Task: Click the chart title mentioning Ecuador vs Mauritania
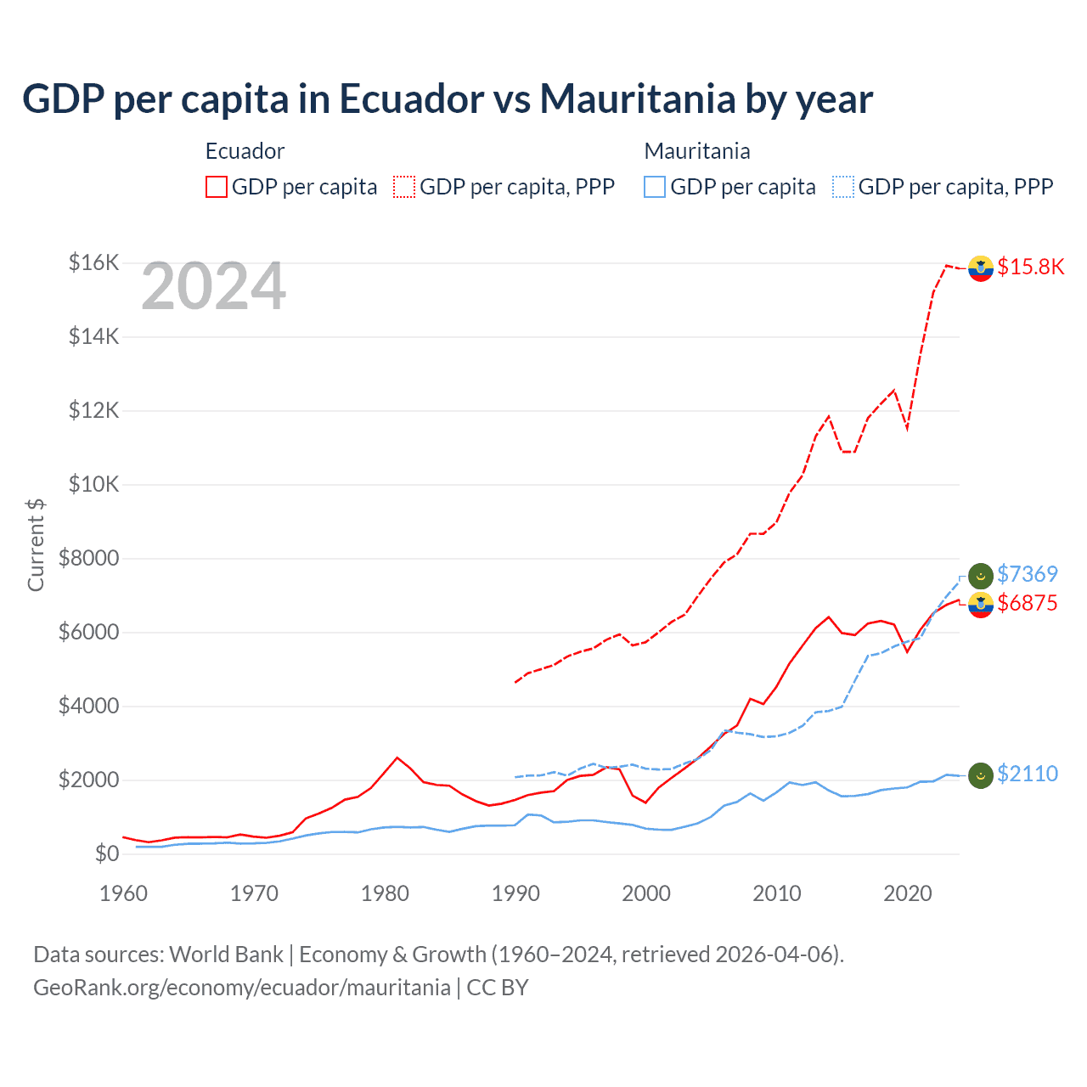point(447,99)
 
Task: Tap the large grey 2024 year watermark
point(213,287)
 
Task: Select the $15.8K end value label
point(1030,267)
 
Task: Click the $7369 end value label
point(1027,575)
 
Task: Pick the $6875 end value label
point(1027,604)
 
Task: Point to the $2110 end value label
point(1027,774)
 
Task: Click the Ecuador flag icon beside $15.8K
point(981,268)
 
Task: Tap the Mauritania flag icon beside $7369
point(981,575)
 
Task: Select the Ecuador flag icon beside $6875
point(981,605)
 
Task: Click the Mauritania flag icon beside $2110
point(981,774)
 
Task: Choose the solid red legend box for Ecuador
point(217,187)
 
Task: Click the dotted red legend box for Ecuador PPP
point(404,187)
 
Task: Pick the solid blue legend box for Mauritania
point(655,187)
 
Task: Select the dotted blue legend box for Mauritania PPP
point(842,187)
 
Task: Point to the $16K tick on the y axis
point(93,262)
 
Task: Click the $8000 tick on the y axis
point(88,558)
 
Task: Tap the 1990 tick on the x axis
point(515,893)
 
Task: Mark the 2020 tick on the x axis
point(907,893)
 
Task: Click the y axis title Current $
point(36,545)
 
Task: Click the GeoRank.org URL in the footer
point(242,988)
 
